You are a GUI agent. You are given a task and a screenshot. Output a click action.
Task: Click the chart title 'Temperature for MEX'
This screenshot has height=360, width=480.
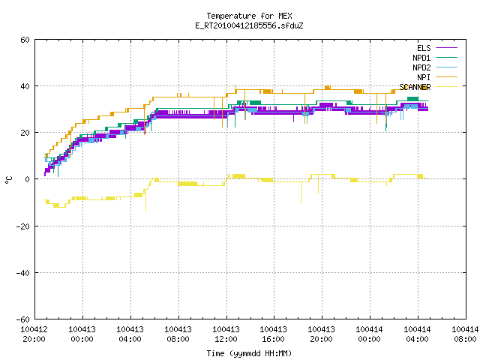pos(249,16)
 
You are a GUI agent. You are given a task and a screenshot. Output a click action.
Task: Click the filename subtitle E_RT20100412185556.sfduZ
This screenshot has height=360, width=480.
pos(249,25)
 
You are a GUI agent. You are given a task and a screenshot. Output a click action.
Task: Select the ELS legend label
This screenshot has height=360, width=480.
pos(424,48)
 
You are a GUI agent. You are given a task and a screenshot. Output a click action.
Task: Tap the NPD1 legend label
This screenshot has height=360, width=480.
pos(421,58)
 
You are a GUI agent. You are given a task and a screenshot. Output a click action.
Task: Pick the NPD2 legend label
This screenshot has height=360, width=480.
pos(421,67)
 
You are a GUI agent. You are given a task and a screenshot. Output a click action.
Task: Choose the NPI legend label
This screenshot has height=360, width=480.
pos(424,77)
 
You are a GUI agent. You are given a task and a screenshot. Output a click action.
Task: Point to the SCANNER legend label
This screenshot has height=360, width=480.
pos(415,87)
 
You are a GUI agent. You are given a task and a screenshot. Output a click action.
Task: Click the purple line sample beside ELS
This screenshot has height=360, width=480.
pos(446,48)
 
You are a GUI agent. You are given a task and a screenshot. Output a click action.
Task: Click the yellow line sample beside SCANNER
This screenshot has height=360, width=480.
pos(446,87)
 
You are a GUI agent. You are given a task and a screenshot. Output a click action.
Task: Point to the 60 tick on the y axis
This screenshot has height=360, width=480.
pos(25,40)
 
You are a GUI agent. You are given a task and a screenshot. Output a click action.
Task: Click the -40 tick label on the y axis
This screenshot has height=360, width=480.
pos(23,273)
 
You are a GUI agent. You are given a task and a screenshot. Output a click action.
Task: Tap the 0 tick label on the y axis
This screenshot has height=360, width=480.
pos(28,179)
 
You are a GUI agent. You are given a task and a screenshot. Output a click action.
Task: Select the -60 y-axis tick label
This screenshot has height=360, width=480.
pos(23,319)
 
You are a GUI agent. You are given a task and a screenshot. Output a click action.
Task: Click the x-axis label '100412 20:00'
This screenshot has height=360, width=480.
pos(34,334)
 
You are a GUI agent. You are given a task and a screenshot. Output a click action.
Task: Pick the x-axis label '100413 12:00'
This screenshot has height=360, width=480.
pos(226,334)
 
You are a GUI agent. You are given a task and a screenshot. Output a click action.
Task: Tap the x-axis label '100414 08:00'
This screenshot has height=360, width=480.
pos(465,334)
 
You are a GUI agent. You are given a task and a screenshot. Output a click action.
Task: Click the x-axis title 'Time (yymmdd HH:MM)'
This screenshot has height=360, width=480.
pos(249,353)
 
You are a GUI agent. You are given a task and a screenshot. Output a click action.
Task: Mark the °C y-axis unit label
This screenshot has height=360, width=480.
pos(8,180)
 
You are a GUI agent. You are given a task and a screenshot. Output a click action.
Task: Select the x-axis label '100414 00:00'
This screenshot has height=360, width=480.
pos(369,334)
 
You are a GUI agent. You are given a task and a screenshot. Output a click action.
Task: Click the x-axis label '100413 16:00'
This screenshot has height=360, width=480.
pos(273,334)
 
